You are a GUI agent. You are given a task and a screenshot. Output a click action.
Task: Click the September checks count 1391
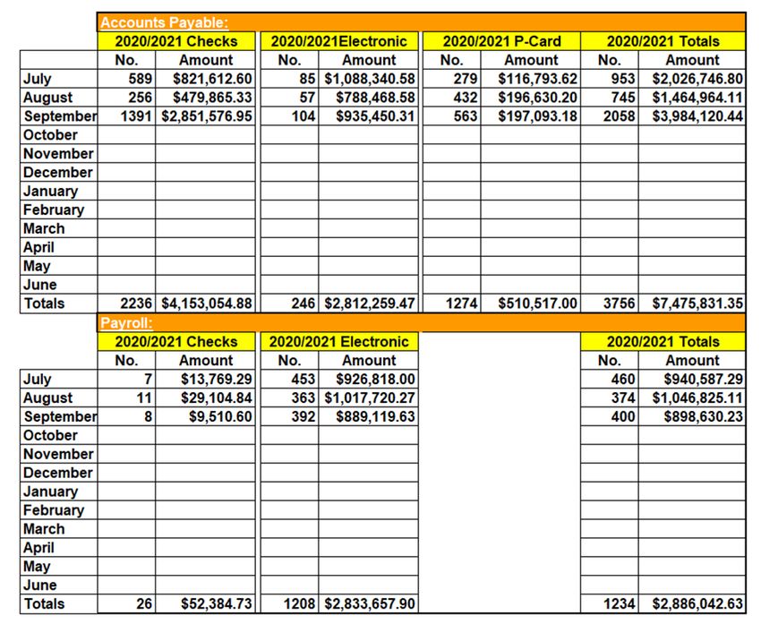(x=138, y=116)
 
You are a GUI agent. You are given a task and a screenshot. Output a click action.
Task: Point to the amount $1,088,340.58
(x=370, y=79)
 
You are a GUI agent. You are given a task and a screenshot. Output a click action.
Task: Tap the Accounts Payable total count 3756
(x=620, y=303)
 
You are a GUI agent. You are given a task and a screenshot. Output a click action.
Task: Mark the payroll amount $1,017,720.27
(x=370, y=397)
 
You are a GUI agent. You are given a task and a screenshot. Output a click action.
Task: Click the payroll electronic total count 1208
(x=299, y=604)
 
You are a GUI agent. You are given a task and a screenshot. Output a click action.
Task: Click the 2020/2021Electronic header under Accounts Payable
(x=338, y=41)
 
